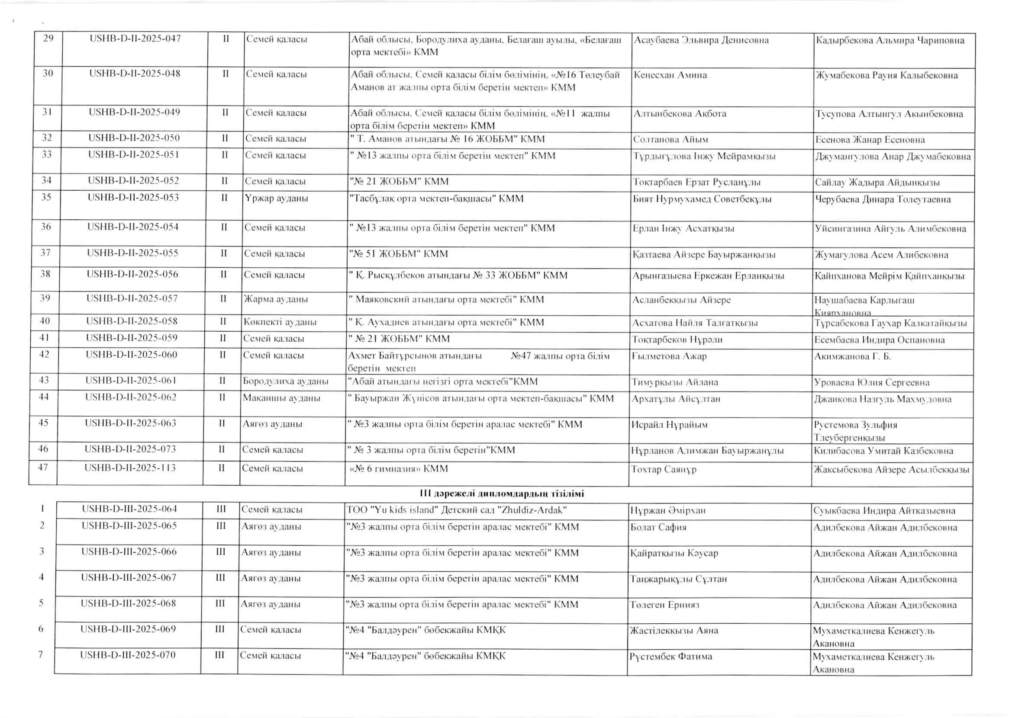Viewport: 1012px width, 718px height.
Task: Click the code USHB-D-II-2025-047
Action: [135, 38]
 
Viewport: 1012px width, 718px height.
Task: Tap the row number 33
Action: [46, 155]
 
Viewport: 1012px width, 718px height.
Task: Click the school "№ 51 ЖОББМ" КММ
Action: [399, 254]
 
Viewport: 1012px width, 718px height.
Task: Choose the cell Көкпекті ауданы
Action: [280, 322]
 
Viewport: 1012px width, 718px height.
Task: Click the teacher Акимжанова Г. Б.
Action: [852, 356]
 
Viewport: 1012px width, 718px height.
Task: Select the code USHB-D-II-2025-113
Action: [130, 467]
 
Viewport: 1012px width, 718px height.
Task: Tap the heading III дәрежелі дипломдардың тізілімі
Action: [502, 494]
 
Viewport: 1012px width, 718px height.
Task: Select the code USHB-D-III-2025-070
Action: [128, 655]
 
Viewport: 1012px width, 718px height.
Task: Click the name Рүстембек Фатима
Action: [670, 657]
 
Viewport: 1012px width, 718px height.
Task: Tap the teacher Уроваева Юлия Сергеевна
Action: [871, 382]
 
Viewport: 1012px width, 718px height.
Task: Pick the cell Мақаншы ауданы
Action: [281, 398]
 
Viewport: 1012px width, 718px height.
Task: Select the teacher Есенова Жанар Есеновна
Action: [870, 140]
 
